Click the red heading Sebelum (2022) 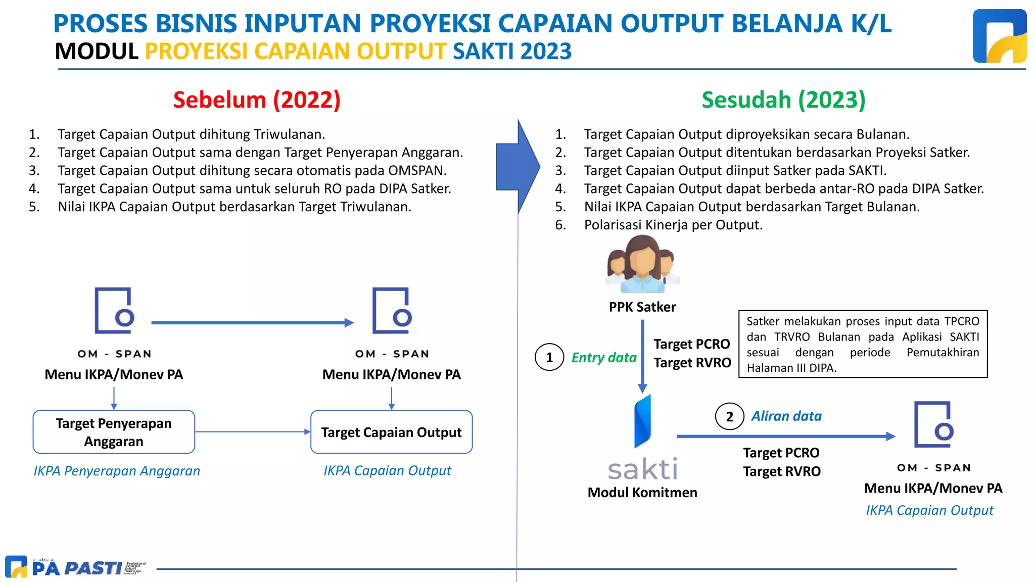(257, 100)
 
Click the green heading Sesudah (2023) (783, 100)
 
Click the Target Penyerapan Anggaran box (114, 432)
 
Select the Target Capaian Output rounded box (391, 432)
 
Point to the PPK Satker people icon (642, 265)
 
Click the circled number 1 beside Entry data (549, 357)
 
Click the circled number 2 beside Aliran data (729, 416)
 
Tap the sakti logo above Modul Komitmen (642, 440)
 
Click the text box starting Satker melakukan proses (863, 344)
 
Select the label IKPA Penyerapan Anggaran (117, 471)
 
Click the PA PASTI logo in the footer (76, 567)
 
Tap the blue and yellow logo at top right (999, 36)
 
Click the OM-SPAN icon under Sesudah (933, 425)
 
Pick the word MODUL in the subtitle (96, 52)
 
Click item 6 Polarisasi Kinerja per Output (673, 225)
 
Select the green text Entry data (604, 358)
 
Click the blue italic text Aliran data (786, 416)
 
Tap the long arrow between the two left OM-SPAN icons (252, 322)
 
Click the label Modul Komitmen (642, 493)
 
